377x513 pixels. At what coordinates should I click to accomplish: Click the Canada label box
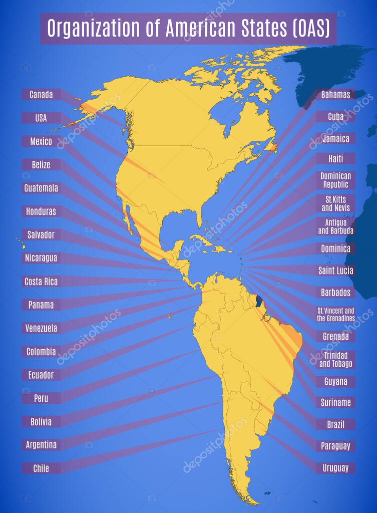41,94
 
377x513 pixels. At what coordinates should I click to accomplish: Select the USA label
41,118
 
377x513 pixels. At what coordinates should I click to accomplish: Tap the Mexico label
41,141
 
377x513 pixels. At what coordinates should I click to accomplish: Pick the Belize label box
41,164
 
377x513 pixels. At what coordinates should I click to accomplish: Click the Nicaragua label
41,258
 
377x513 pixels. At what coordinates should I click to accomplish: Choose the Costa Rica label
41,282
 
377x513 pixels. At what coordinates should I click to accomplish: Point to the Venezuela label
41,328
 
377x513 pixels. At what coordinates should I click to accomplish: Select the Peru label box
41,398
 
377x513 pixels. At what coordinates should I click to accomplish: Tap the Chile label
41,468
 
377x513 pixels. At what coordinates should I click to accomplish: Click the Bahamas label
335,94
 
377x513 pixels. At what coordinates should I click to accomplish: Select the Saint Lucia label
335,271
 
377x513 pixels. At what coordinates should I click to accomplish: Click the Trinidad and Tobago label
335,359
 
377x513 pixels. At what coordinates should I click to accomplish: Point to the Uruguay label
335,468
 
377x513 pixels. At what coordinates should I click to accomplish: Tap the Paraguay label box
335,445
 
